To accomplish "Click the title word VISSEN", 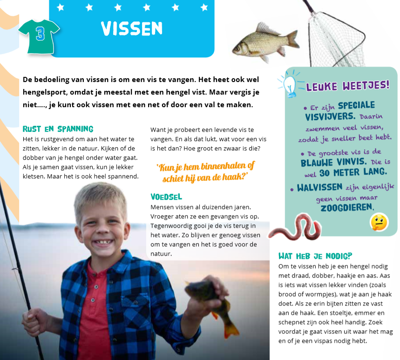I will coord(132,29).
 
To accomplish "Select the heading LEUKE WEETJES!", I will coord(347,85).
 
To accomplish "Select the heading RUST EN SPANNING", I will coord(58,129).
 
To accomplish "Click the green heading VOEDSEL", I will coord(166,197).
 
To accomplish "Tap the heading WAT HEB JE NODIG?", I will coord(315,256).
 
